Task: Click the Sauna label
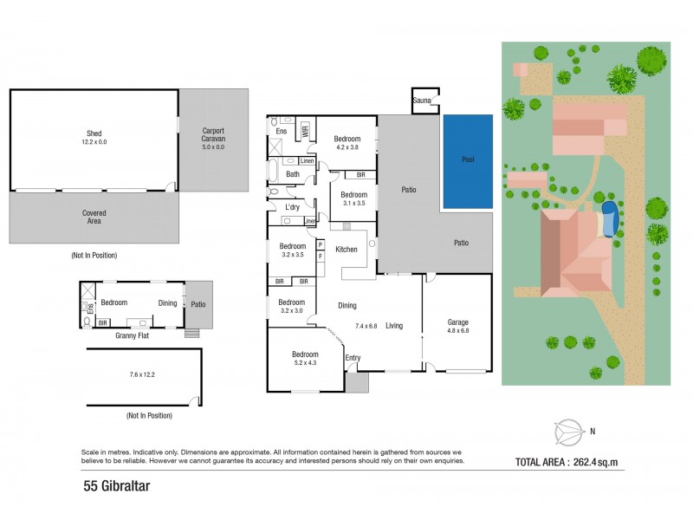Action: (422, 101)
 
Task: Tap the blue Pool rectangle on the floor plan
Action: (468, 161)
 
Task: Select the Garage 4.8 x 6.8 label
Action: (457, 326)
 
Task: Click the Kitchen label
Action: (346, 250)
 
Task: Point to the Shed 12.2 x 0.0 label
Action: (93, 137)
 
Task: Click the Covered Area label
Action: (93, 217)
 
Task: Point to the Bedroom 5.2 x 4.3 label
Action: (304, 359)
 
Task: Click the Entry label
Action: (353, 358)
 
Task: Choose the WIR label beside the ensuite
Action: (305, 132)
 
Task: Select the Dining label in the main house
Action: (346, 306)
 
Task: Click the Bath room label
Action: (293, 174)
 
